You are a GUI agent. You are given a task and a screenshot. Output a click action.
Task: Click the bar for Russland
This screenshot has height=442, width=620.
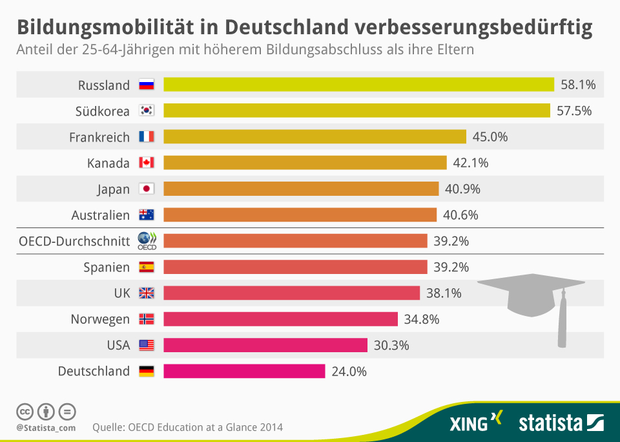pyautogui.click(x=358, y=85)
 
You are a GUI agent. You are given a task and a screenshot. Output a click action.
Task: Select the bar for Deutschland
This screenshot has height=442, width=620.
pyautogui.click(x=244, y=371)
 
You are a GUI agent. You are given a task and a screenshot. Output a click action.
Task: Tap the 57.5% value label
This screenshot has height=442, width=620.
pyautogui.click(x=574, y=111)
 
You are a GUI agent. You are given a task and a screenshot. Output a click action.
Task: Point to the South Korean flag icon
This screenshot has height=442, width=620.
pyautogui.click(x=147, y=111)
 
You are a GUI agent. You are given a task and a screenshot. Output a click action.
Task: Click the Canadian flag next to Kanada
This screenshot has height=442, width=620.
pyautogui.click(x=147, y=163)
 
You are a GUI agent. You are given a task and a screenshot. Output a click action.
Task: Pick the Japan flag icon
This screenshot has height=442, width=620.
pyautogui.click(x=147, y=189)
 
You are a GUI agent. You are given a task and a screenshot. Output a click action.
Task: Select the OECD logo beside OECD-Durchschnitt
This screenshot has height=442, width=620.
pyautogui.click(x=147, y=240)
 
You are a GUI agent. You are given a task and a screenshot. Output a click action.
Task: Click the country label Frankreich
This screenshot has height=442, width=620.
pyautogui.click(x=99, y=137)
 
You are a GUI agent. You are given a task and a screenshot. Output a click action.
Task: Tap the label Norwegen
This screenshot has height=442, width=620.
pyautogui.click(x=100, y=319)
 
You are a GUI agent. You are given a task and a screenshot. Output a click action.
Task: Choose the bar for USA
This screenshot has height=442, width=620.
pyautogui.click(x=265, y=345)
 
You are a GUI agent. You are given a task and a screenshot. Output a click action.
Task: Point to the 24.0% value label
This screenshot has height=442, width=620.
pyautogui.click(x=349, y=372)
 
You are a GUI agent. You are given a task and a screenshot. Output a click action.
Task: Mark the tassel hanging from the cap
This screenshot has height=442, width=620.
pyautogui.click(x=563, y=323)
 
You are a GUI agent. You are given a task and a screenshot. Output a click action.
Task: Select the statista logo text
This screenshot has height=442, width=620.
pyautogui.click(x=550, y=423)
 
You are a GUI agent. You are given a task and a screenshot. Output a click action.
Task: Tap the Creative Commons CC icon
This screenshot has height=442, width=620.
pyautogui.click(x=25, y=411)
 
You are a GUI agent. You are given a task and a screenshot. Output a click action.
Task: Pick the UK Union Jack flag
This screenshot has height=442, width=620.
pyautogui.click(x=147, y=293)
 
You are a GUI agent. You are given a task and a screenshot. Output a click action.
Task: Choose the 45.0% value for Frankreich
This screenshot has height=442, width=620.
pyautogui.click(x=490, y=137)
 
